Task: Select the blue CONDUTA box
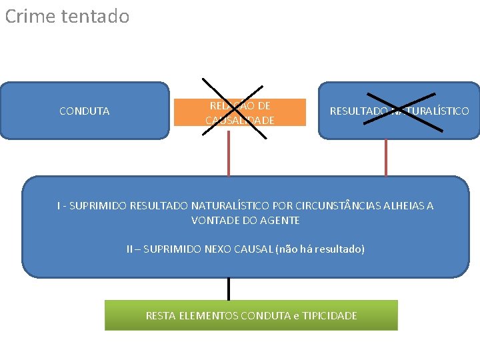coord(84,111)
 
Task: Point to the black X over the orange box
coord(235,108)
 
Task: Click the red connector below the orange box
coord(229,153)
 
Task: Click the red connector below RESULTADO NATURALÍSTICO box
coord(386,157)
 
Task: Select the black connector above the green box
coord(229,289)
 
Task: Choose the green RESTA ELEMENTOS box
coord(251,315)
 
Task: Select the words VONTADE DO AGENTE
coord(245,220)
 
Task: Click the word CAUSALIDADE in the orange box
coord(240,120)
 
